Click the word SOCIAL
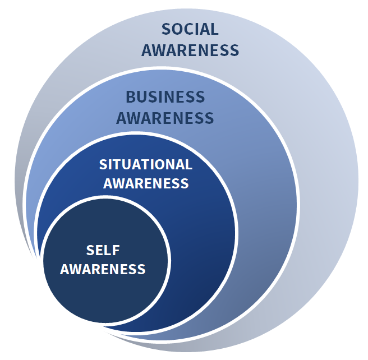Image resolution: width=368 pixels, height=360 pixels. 190,29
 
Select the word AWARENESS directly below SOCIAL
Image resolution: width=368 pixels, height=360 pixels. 190,50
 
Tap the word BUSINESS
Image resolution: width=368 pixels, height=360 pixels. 165,96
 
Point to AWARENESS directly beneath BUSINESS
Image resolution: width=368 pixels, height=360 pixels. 165,118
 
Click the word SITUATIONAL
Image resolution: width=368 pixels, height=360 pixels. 145,164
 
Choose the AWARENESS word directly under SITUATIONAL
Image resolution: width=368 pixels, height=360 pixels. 146,183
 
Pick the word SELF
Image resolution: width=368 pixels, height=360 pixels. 103,250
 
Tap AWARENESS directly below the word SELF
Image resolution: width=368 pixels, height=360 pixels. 103,269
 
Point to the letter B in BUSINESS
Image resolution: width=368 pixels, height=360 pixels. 131,96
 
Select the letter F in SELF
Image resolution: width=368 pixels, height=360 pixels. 116,250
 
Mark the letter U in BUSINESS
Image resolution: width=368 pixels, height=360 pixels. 143,96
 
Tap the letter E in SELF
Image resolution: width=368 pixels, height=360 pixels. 100,250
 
